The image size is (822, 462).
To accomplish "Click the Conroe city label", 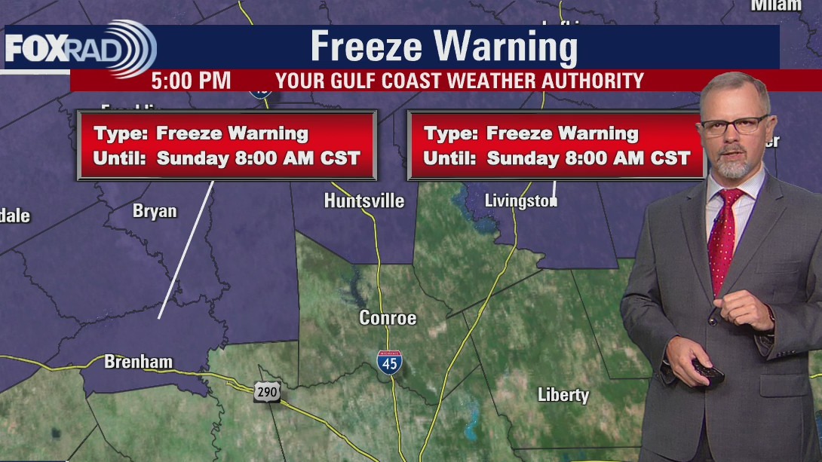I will pos(388,317).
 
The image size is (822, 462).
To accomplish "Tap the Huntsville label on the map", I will pos(364,200).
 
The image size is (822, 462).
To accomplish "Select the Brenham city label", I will pos(138,362).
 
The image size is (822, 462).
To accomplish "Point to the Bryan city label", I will pos(155,211).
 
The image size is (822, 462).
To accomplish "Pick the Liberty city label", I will pos(563,394).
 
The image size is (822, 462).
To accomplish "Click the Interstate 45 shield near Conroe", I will pos(390,361).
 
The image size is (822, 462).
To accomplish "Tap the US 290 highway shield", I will pos(267,391).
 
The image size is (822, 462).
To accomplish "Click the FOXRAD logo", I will pos(79,48).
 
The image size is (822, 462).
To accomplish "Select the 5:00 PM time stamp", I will pos(191,81).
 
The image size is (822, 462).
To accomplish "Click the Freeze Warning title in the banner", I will pos(443,47).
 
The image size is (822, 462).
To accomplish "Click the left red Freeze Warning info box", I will pos(226,145).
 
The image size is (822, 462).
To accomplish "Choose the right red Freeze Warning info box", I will pos(557,145).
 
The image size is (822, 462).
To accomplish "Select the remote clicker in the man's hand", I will pos(708,371).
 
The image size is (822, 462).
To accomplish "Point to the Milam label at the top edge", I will pos(776,5).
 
